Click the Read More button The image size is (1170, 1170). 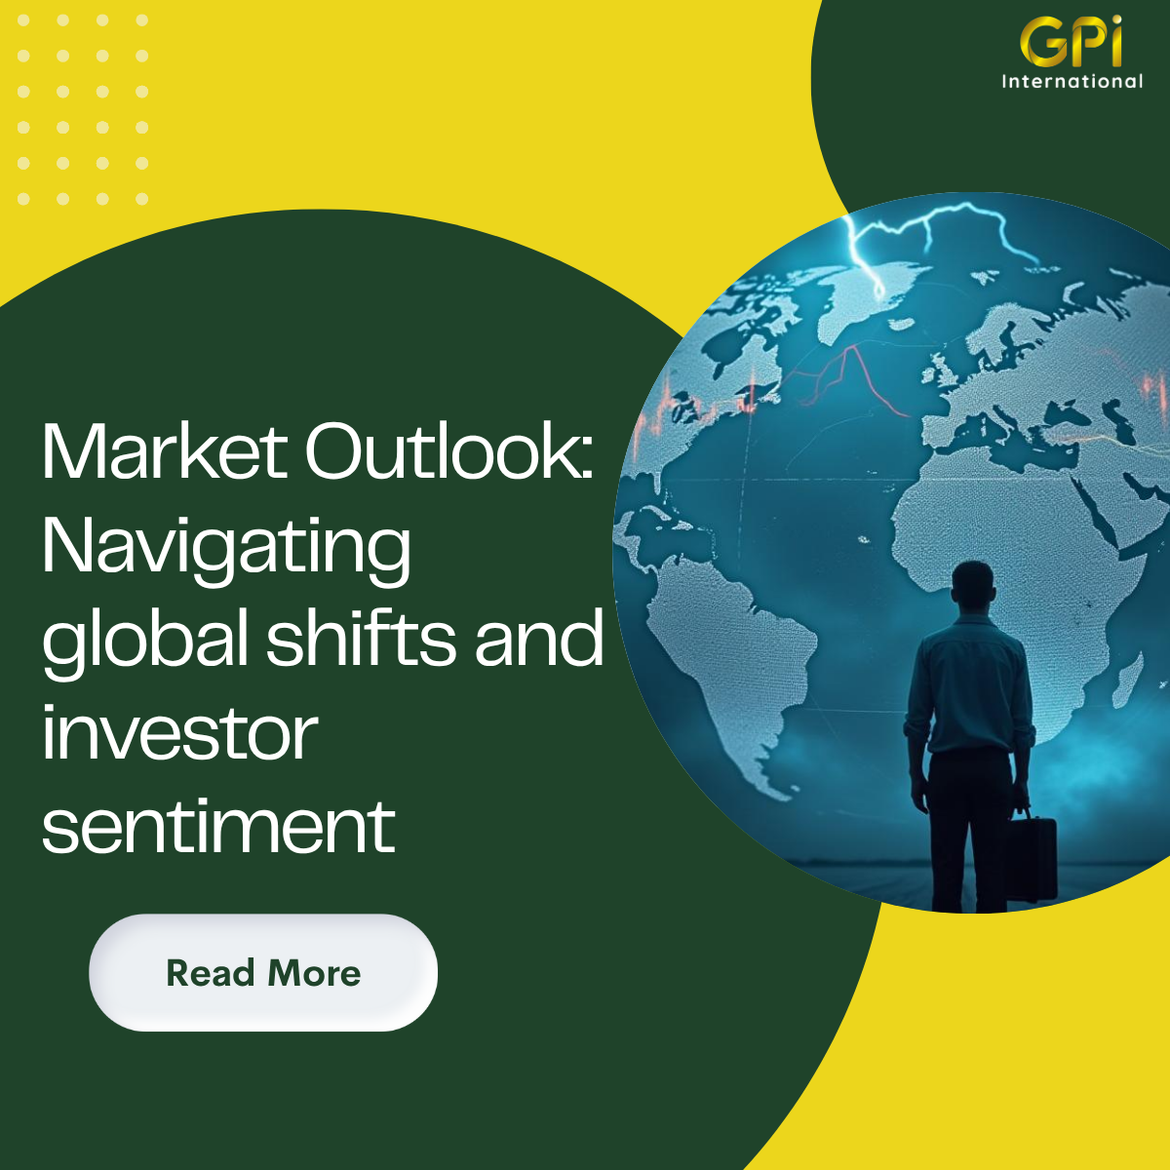(x=263, y=972)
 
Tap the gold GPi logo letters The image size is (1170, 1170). (x=1071, y=41)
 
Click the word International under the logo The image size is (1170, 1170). (x=1072, y=81)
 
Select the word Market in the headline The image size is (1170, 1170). (x=164, y=452)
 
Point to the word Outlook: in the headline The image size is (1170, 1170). (x=449, y=452)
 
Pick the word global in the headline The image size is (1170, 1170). (x=145, y=643)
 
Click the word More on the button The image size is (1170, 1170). (x=314, y=973)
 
